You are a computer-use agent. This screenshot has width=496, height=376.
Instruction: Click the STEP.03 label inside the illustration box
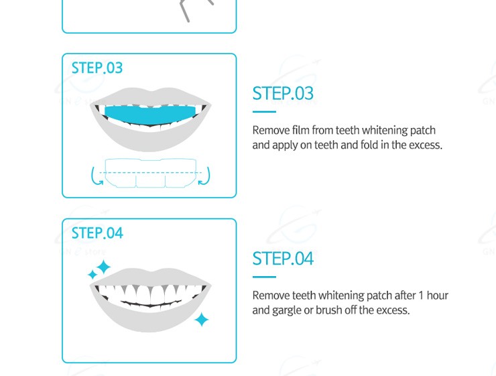[x=97, y=68]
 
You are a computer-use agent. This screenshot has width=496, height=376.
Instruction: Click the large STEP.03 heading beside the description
[x=283, y=93]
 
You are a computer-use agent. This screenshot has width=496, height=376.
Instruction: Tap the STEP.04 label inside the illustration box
[x=97, y=233]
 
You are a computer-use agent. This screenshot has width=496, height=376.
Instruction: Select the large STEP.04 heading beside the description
[x=283, y=259]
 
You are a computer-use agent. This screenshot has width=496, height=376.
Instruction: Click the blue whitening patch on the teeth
[x=150, y=115]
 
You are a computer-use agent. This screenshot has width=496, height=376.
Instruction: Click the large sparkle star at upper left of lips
[x=103, y=267]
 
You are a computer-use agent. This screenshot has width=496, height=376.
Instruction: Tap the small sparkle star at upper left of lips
[x=92, y=275]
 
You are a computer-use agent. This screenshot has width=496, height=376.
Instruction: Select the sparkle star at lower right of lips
[x=202, y=320]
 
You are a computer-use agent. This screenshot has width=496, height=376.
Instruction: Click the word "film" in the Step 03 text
[x=300, y=130]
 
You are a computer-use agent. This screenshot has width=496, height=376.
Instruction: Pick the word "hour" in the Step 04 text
[x=438, y=296]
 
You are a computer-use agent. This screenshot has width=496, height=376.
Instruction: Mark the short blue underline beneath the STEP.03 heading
[x=264, y=112]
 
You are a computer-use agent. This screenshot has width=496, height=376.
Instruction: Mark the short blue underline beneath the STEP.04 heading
[x=264, y=277]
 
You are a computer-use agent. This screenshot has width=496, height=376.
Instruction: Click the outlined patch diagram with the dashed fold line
[x=151, y=173]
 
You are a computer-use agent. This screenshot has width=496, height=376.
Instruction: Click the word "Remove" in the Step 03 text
[x=271, y=130]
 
